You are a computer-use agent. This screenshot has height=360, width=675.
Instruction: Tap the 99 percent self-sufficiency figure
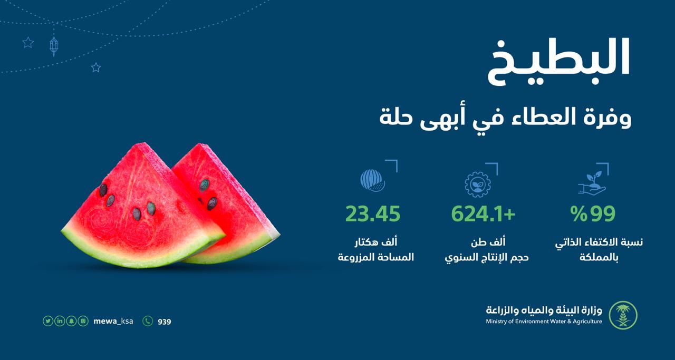tap(593, 214)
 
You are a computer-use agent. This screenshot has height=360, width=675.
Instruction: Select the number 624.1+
tap(483, 214)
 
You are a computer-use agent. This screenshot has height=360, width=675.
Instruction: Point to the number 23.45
tap(373, 214)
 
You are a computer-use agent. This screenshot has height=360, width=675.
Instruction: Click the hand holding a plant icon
tap(592, 183)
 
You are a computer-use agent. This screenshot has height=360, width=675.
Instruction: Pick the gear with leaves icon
tap(478, 184)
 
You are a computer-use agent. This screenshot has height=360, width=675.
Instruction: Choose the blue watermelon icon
tap(373, 180)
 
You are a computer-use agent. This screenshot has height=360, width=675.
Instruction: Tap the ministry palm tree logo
tap(623, 315)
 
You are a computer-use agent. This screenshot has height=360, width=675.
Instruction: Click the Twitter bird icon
tap(48, 321)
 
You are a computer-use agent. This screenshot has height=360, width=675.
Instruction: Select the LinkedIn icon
tap(60, 321)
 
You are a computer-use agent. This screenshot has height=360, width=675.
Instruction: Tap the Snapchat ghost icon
tap(71, 321)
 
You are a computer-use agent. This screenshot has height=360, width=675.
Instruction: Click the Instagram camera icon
tap(83, 321)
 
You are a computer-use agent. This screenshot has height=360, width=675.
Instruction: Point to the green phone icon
tap(148, 321)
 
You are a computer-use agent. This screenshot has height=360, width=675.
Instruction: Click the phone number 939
tap(165, 322)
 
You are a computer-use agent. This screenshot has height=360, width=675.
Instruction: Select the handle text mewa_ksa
tap(113, 321)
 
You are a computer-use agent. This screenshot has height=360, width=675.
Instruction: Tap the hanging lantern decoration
tap(54, 46)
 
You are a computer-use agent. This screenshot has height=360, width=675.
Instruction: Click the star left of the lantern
tap(28, 43)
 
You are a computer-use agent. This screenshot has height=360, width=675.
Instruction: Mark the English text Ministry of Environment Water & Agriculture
tap(544, 322)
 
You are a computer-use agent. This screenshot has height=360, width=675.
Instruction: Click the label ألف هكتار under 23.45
tap(375, 242)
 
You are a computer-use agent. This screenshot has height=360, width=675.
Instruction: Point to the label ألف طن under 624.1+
tap(488, 242)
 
